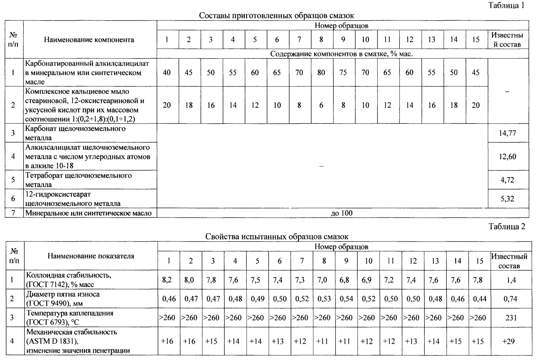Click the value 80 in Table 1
tap(321, 73)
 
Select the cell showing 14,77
tap(507, 133)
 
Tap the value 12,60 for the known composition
tap(507, 156)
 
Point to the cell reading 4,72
tap(507, 180)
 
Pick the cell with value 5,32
tap(507, 199)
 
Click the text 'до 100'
tap(342, 213)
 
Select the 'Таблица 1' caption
tap(506, 5)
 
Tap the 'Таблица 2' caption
tap(507, 226)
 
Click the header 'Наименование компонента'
tap(89, 40)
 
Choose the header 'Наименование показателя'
tap(91, 256)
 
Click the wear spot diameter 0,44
tap(480, 299)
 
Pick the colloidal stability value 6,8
tap(346, 280)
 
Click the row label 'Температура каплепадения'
tap(70, 313)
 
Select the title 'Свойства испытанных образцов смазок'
tap(277, 236)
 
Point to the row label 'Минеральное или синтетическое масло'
tap(89, 213)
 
